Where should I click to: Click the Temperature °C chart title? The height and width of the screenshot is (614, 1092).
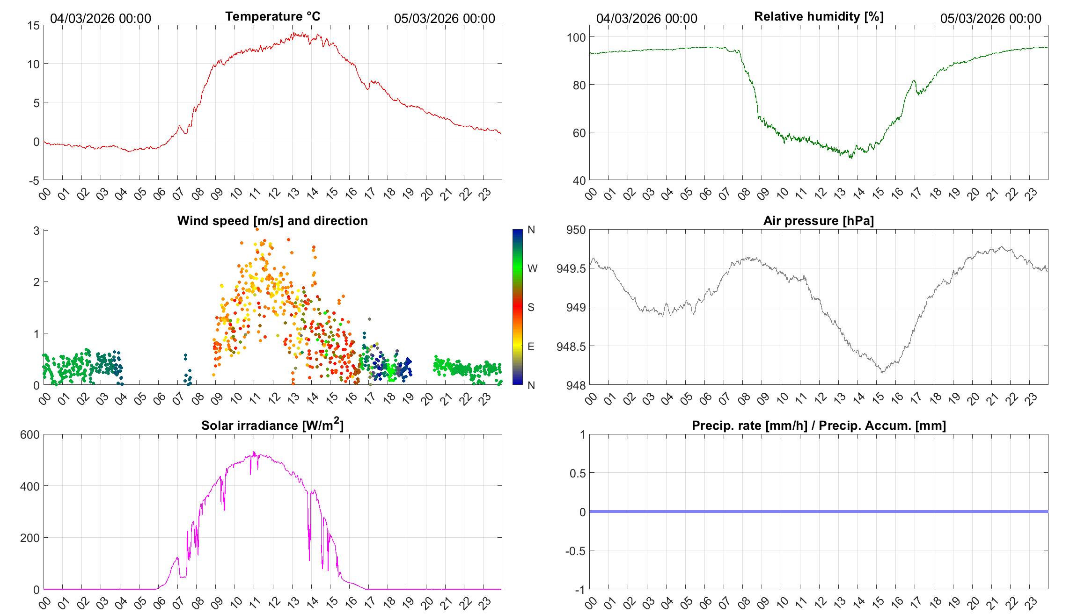pyautogui.click(x=272, y=16)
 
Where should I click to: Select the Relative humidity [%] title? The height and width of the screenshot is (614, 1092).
pyautogui.click(x=819, y=16)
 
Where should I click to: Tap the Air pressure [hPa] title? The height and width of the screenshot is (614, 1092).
pyautogui.click(x=818, y=221)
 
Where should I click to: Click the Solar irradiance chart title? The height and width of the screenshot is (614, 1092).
pyautogui.click(x=272, y=425)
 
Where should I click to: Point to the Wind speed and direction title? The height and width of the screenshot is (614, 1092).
pyautogui.click(x=272, y=221)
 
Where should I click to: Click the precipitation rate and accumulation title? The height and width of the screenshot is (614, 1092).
pyautogui.click(x=819, y=426)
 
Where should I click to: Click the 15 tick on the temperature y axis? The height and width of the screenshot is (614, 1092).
pyautogui.click(x=34, y=26)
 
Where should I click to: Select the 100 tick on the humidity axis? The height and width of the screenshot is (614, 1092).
pyautogui.click(x=576, y=37)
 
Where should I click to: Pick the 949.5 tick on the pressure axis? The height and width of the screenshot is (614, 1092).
pyautogui.click(x=571, y=268)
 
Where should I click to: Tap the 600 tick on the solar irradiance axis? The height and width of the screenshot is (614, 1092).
pyautogui.click(x=30, y=434)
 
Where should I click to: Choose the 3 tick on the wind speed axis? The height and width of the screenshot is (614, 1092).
pyautogui.click(x=37, y=231)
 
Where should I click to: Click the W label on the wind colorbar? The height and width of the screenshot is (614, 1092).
pyautogui.click(x=532, y=268)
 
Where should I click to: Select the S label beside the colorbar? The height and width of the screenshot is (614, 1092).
pyautogui.click(x=531, y=307)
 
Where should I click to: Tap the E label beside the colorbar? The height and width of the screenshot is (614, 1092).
pyautogui.click(x=531, y=347)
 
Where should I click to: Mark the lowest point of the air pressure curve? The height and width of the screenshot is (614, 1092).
pyautogui.click(x=883, y=372)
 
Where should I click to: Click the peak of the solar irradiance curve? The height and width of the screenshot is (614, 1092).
pyautogui.click(x=254, y=452)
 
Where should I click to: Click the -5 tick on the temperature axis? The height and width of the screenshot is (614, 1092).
pyautogui.click(x=34, y=181)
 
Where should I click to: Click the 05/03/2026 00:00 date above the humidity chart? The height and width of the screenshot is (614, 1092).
pyautogui.click(x=990, y=18)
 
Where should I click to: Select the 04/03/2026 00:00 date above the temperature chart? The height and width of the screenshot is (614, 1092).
pyautogui.click(x=101, y=18)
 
